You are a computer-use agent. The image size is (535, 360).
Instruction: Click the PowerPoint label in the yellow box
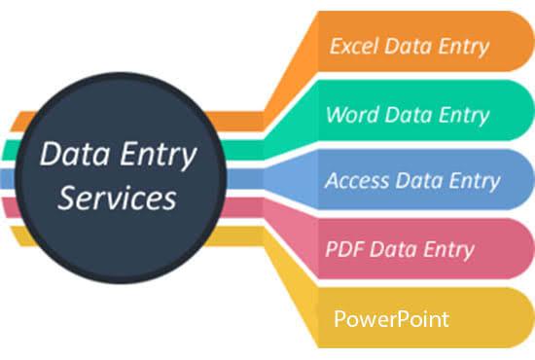point(389,318)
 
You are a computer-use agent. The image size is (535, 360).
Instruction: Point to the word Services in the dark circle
point(117,198)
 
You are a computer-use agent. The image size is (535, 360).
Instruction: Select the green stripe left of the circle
point(12,151)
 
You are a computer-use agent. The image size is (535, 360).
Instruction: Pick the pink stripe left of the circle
point(12,206)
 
